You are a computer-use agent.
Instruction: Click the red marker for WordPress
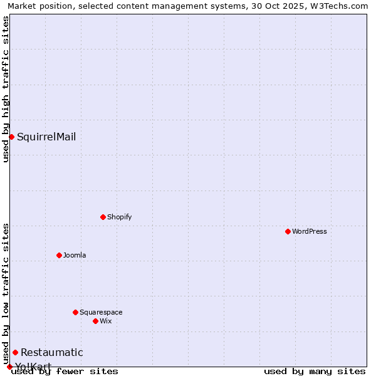click(288, 231)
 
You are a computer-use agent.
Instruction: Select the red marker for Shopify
click(103, 217)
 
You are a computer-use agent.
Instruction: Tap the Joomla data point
click(59, 255)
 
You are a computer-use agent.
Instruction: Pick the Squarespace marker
click(75, 312)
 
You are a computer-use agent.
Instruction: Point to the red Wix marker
click(95, 321)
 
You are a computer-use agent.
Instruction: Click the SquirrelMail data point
click(11, 137)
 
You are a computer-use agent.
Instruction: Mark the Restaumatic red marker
click(15, 352)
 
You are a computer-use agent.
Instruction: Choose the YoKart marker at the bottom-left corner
click(9, 367)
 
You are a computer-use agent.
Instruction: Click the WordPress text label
click(310, 231)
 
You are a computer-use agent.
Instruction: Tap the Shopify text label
click(119, 217)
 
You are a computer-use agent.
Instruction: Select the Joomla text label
click(75, 255)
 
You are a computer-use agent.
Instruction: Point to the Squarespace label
click(101, 312)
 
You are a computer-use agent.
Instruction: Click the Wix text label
click(105, 321)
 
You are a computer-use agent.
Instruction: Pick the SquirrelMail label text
click(46, 137)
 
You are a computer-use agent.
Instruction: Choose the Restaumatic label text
click(51, 352)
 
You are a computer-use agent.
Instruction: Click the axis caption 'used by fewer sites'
click(65, 371)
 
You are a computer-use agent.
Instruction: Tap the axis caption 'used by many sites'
click(315, 371)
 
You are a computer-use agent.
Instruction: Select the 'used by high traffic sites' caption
click(6, 89)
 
